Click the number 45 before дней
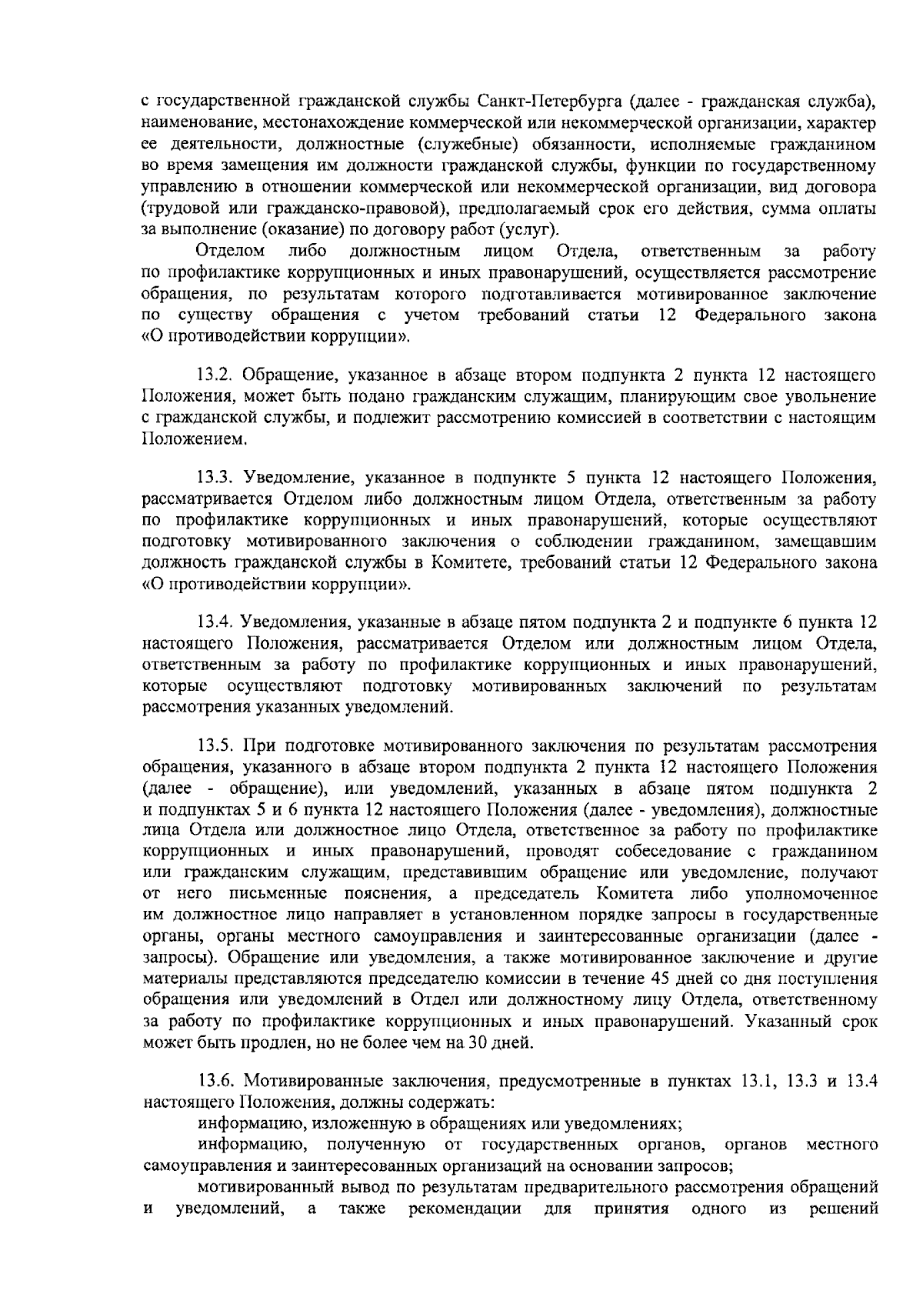pos(665,979)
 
